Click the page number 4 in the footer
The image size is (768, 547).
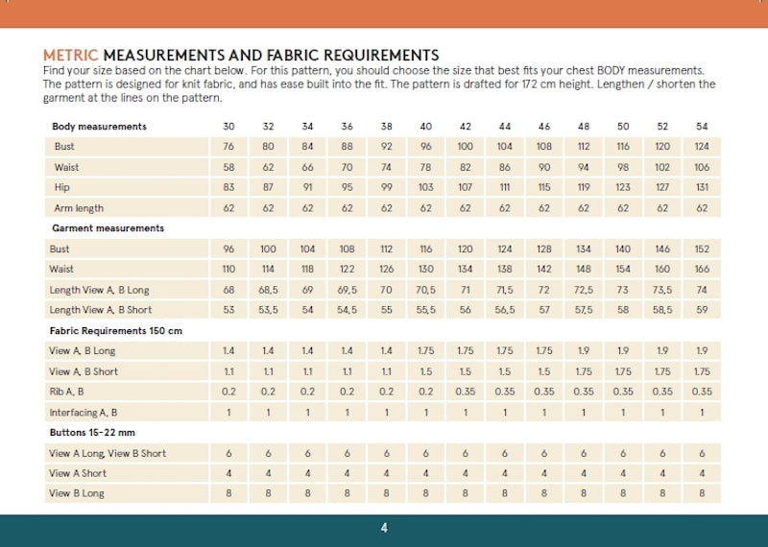384,528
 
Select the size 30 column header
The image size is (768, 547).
228,127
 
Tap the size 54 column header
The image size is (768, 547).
702,127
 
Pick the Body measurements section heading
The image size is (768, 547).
99,127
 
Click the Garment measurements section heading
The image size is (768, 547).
107,228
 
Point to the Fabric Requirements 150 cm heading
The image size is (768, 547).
116,330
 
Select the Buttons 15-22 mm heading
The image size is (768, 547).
93,433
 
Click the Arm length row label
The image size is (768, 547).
78,208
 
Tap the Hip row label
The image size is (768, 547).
62,188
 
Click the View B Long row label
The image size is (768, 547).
77,493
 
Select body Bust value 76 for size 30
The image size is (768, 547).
228,147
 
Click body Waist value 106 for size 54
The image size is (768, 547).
702,168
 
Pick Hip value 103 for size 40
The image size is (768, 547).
425,188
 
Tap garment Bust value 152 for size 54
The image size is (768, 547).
702,250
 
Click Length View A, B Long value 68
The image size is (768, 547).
228,290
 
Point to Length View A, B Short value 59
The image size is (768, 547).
702,310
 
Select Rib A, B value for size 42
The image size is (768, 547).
465,392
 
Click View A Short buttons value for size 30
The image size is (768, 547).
228,473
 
